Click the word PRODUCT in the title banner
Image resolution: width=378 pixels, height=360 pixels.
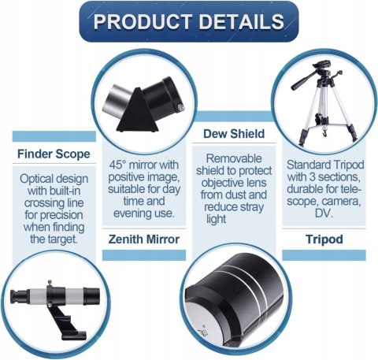[143, 21]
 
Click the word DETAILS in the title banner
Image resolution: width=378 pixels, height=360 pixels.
[242, 21]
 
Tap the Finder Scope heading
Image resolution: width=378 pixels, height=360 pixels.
[54, 154]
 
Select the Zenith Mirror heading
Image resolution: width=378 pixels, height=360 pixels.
[144, 239]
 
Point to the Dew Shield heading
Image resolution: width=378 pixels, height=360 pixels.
[234, 134]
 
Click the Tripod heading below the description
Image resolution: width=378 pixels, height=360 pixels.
[324, 239]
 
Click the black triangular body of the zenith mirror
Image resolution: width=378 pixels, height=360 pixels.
[138, 111]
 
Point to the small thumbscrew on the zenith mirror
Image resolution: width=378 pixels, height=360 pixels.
[180, 106]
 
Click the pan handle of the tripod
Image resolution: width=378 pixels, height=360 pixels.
[305, 80]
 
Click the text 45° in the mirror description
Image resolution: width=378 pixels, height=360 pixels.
[117, 165]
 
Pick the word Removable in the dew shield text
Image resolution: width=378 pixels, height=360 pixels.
[234, 158]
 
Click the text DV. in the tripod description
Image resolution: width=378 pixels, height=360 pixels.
[324, 213]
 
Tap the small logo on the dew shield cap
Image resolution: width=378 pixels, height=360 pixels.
[203, 332]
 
